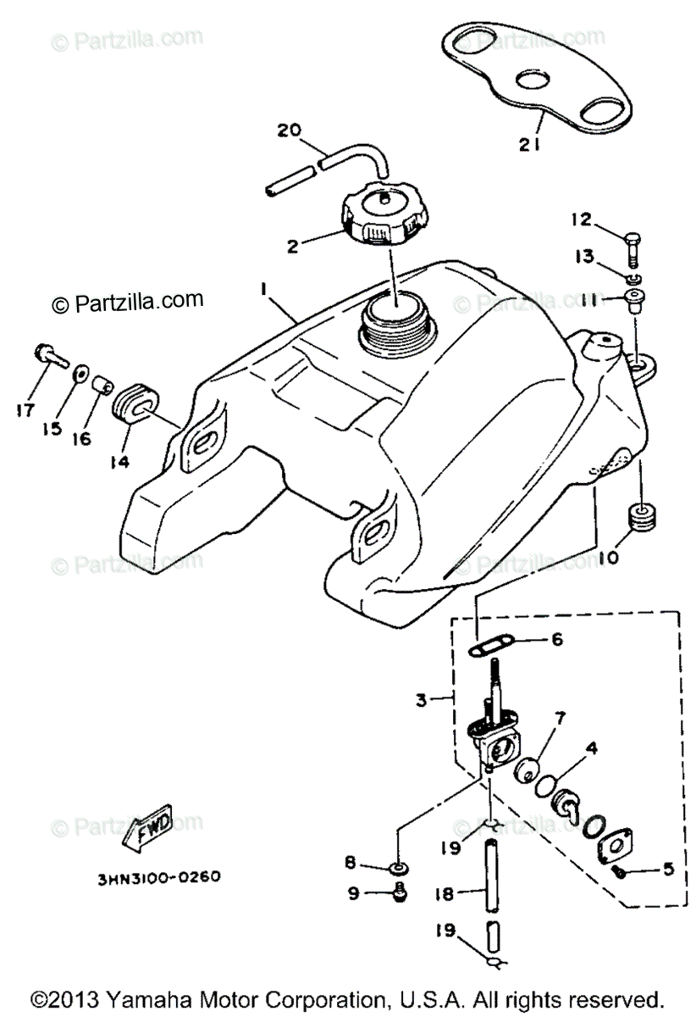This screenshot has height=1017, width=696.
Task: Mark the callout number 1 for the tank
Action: click(x=264, y=290)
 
